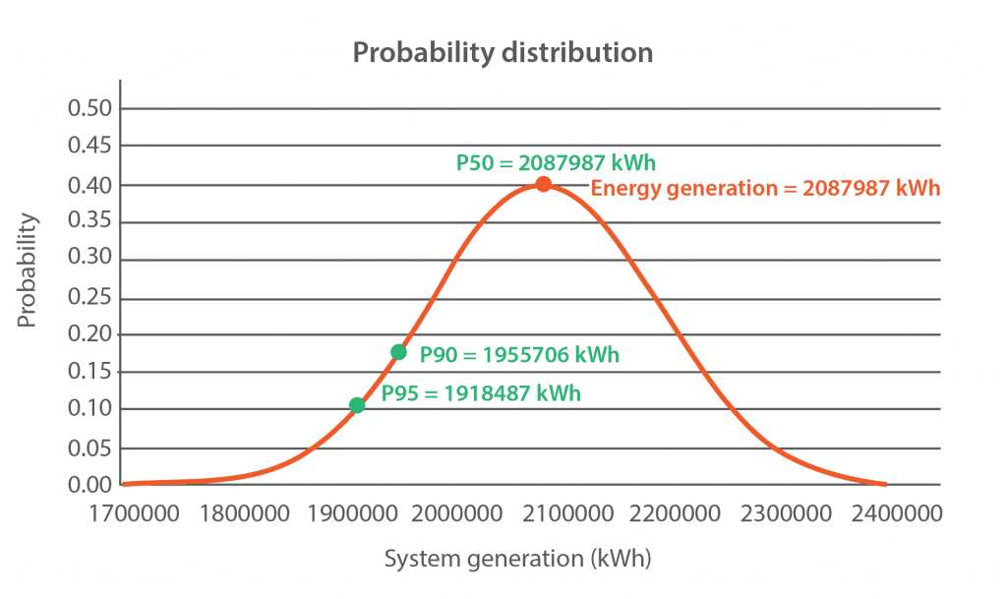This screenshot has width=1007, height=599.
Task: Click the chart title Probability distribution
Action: pos(503,52)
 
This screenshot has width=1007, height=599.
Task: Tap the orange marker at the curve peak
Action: pos(543,184)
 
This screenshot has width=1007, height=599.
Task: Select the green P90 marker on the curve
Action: pos(398,352)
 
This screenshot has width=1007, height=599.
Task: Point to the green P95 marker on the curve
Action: pos(357,405)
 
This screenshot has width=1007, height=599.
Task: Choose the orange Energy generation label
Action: pos(765,188)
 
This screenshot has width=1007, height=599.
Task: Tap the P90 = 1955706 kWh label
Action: pos(519,355)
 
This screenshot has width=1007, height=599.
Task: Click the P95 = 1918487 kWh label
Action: pos(481,393)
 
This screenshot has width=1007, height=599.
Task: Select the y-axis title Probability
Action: pos(28,270)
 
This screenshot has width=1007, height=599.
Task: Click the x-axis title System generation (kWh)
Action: pos(517,560)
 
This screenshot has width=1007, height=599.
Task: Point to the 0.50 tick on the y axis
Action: pos(90,108)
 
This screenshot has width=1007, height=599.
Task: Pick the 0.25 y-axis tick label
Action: pos(90,297)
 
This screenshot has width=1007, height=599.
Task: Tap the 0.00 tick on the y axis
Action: pos(90,485)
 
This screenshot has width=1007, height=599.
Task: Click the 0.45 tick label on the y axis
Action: pos(90,147)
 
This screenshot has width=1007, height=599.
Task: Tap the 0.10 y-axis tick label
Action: pos(90,409)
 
